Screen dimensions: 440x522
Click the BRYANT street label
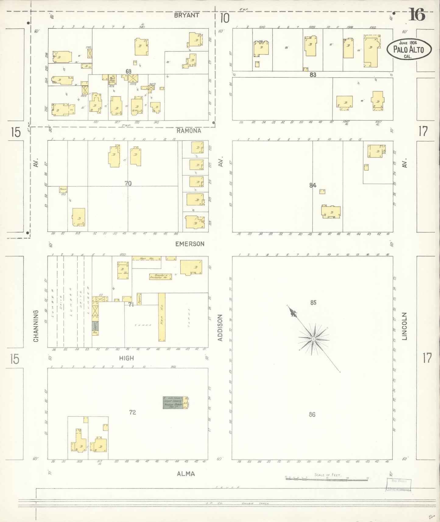coord(187,15)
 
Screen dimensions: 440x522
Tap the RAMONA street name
coord(189,131)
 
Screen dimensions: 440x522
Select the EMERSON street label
coord(190,244)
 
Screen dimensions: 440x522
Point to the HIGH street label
coord(126,358)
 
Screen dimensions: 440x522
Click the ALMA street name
coord(186,474)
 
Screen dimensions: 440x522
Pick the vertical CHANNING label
coord(36,326)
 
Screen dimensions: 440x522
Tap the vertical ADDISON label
coord(220,328)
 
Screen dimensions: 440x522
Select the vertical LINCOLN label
coord(404,326)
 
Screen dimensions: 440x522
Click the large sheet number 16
coord(417,15)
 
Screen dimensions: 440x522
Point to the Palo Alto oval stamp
coord(409,49)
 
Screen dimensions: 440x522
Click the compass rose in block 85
coord(313,339)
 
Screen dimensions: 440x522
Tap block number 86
coord(312,414)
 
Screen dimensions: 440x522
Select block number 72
coord(132,412)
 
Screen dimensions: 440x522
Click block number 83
coord(313,75)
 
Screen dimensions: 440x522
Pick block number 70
coord(128,183)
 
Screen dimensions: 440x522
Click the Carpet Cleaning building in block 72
coord(173,403)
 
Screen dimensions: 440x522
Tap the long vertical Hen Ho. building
coord(162,317)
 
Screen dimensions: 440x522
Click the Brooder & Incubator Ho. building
coord(160,277)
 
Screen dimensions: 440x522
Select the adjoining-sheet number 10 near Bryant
coord(224,19)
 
